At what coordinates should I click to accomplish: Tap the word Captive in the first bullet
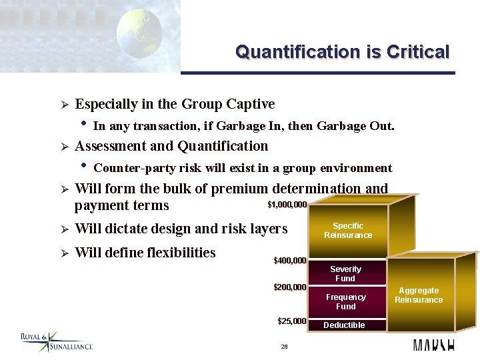click(x=250, y=104)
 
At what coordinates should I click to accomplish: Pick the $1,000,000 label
click(x=287, y=205)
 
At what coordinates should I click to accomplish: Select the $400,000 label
click(x=290, y=260)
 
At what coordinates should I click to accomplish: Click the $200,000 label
click(x=290, y=287)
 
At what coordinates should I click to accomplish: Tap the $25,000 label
click(x=292, y=321)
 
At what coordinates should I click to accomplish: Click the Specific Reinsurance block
click(x=348, y=231)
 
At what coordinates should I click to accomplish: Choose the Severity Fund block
click(x=345, y=273)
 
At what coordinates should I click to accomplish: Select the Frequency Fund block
click(x=345, y=301)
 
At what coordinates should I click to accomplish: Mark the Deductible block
click(x=344, y=325)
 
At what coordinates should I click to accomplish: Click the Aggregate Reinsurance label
click(x=419, y=295)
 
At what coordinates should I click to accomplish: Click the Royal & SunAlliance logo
click(x=56, y=342)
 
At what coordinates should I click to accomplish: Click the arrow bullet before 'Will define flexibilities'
click(x=61, y=253)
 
